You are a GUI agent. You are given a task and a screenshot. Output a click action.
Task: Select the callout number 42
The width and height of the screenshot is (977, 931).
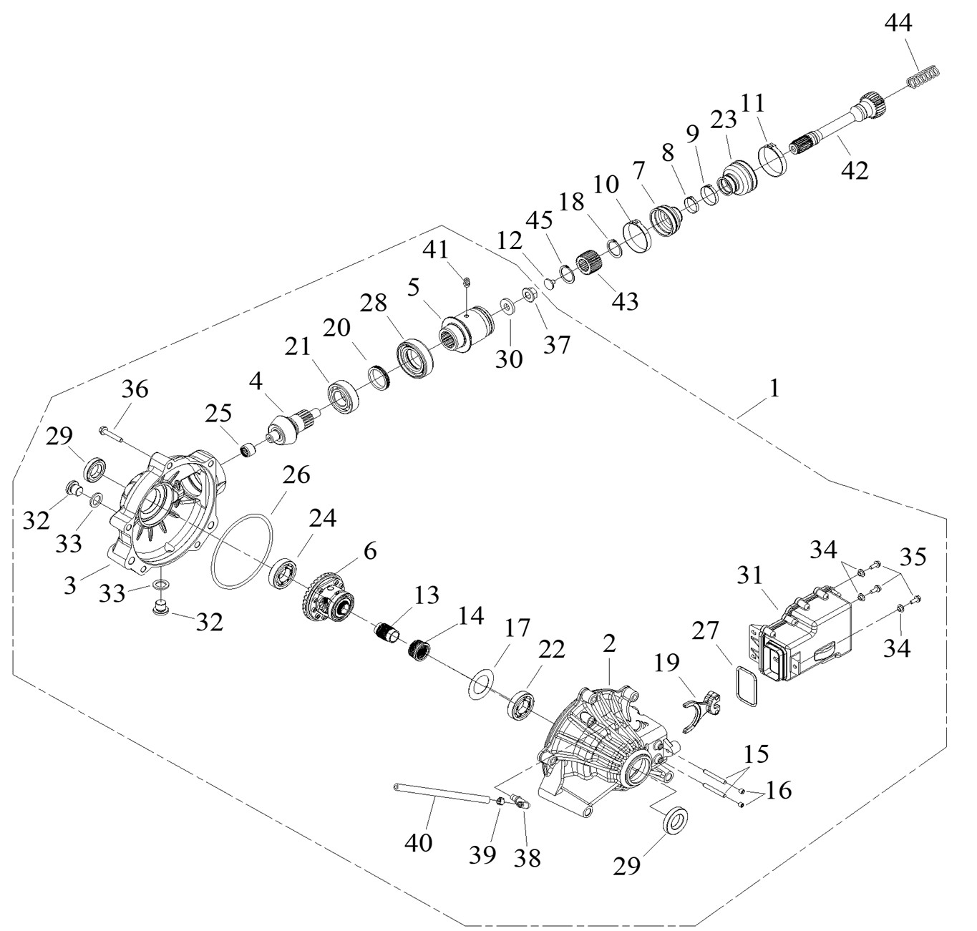pos(855,170)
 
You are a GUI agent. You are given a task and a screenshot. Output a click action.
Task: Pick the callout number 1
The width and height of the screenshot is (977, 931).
pos(774,389)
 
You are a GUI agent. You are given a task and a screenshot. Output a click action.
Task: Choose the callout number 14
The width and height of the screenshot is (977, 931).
pos(467,615)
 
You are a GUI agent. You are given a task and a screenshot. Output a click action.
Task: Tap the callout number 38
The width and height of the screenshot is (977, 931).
pos(528,857)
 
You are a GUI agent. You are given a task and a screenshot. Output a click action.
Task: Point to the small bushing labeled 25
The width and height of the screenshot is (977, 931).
pos(250,452)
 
